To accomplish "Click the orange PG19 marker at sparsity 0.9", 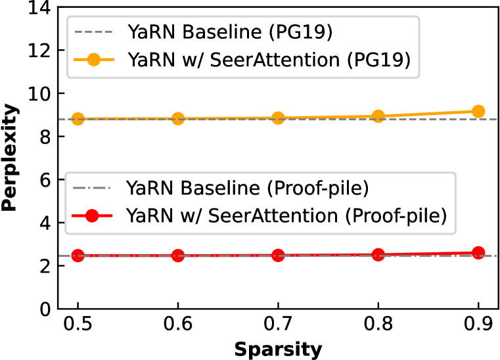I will pyautogui.click(x=478, y=112).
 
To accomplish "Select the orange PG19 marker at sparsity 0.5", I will pyautogui.click(x=78, y=119).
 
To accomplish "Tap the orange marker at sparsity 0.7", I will pyautogui.click(x=278, y=118).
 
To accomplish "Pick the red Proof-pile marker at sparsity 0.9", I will pyautogui.click(x=478, y=253).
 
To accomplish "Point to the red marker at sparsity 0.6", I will pyautogui.click(x=177, y=256).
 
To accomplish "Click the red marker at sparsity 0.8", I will pyautogui.click(x=378, y=255).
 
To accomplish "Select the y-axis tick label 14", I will pyautogui.click(x=37, y=8).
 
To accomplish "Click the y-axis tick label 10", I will pyautogui.click(x=37, y=93).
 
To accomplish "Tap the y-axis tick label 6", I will pyautogui.click(x=42, y=180).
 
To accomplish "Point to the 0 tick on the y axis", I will pyautogui.click(x=42, y=309).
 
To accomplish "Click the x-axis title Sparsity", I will pyautogui.click(x=278, y=349).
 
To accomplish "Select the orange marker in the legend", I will pyautogui.click(x=93, y=60).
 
